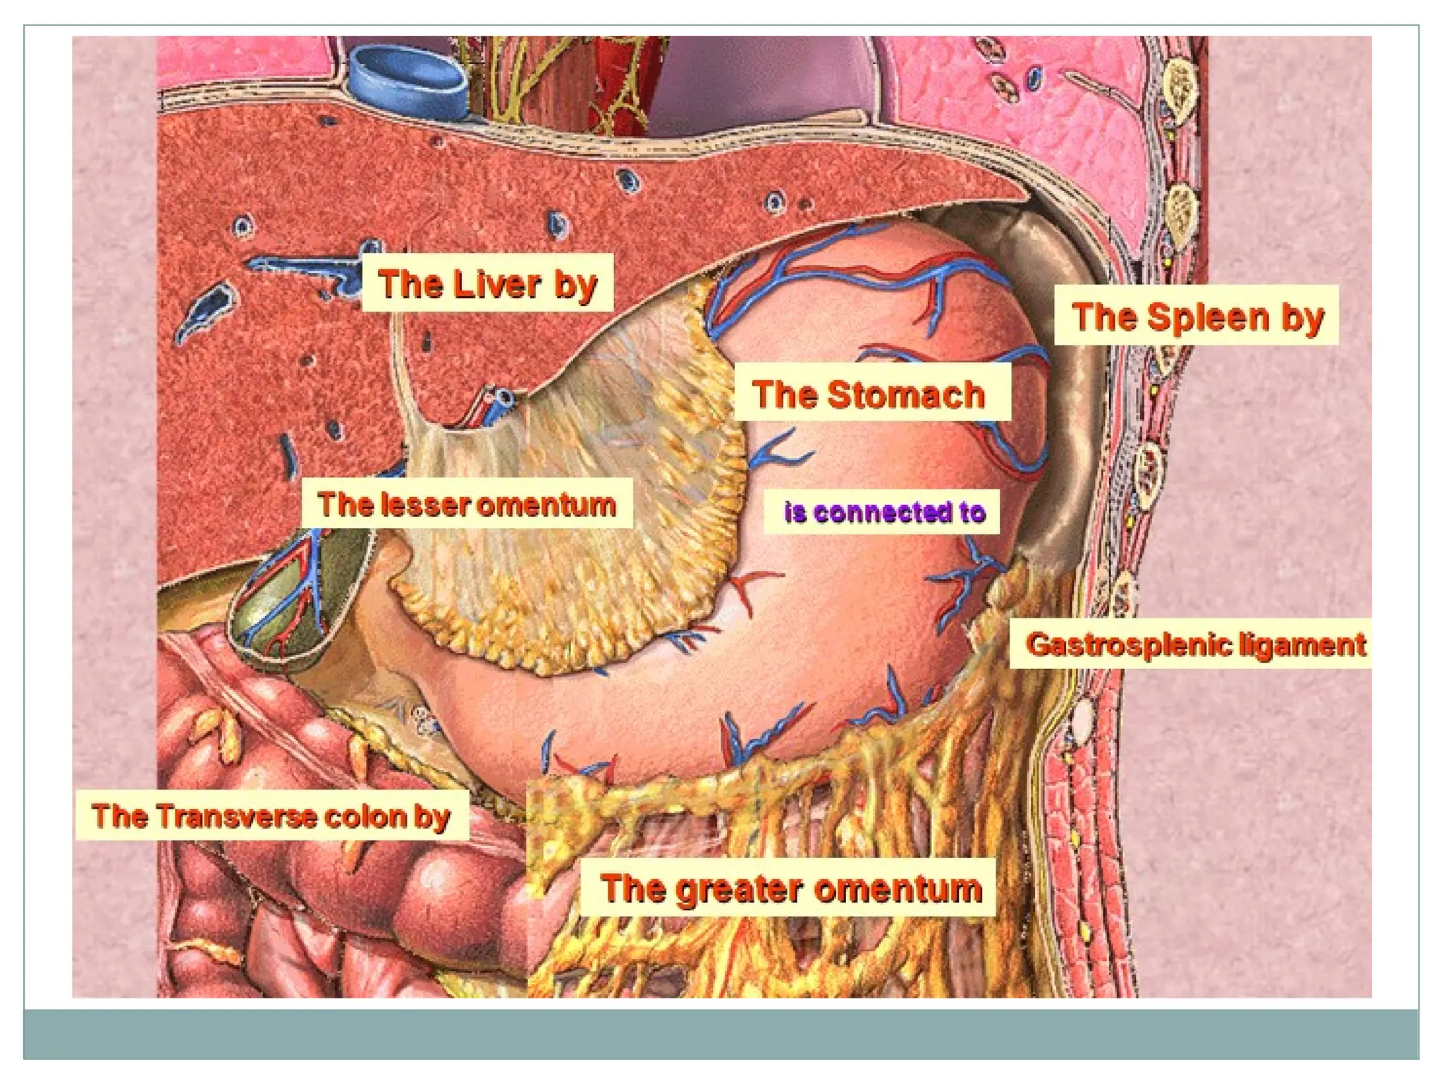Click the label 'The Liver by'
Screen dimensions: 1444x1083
pos(487,283)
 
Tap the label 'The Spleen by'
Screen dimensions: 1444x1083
pos(1196,316)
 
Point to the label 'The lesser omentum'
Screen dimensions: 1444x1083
pos(467,504)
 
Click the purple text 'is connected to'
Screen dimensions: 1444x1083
pos(884,512)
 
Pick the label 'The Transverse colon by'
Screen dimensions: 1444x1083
pos(271,816)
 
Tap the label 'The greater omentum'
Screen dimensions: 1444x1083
pos(790,887)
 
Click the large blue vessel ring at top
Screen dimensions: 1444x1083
pos(407,78)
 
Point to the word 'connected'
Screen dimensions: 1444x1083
pos(882,512)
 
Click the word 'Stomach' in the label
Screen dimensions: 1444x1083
pos(906,393)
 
